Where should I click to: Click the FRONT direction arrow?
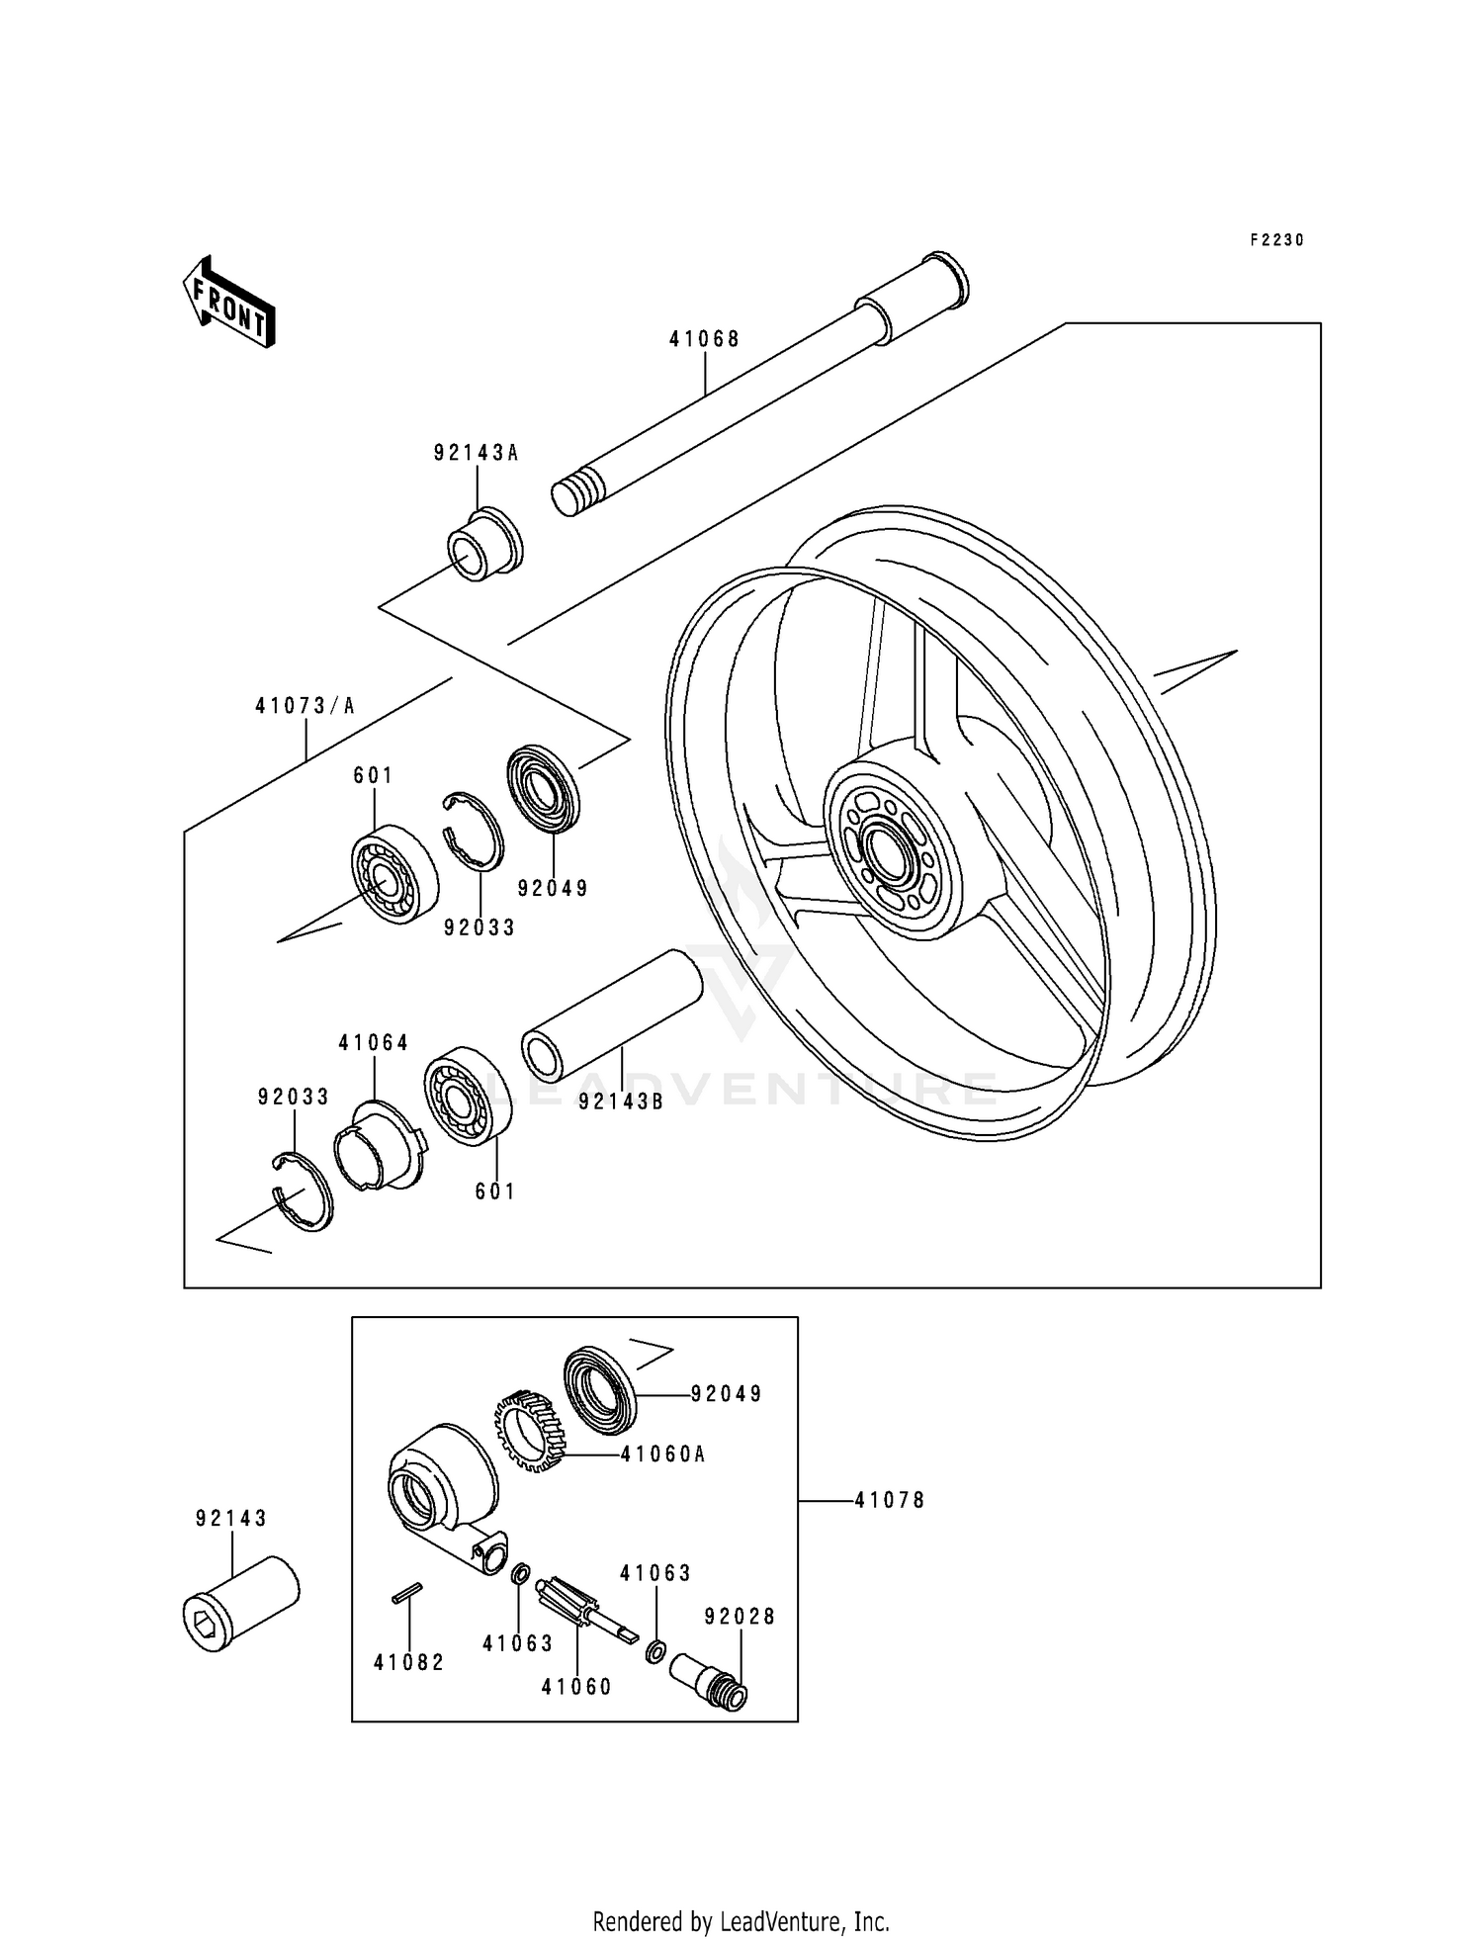pos(228,302)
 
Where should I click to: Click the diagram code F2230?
pos(1276,240)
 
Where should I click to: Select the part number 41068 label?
pos(704,339)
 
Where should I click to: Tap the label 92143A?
pos(477,454)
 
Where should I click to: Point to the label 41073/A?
pos(305,706)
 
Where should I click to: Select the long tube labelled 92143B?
pos(611,1014)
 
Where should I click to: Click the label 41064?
pos(373,1042)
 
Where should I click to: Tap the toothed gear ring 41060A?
pos(528,1433)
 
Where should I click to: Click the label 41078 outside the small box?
pos(890,1500)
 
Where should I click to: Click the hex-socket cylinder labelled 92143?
pos(240,1604)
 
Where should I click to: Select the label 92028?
pos(740,1617)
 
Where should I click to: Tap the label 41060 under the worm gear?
pos(576,1687)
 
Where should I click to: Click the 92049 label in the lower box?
pos(727,1394)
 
